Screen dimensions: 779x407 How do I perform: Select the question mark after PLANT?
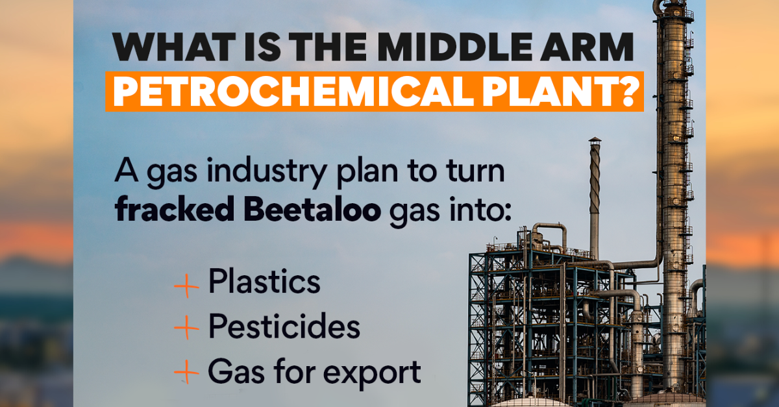(628, 91)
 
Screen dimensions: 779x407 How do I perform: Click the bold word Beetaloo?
(312, 209)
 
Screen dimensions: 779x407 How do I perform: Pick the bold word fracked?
(174, 209)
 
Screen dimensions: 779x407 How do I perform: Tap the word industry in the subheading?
(266, 172)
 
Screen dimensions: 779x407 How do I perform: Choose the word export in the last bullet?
(372, 373)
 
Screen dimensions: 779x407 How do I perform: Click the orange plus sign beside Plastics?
(186, 286)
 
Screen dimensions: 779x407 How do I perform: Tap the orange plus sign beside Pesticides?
(186, 327)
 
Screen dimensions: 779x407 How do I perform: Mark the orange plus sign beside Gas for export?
(186, 372)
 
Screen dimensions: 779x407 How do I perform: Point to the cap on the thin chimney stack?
(595, 141)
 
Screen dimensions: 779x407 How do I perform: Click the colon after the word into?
(508, 212)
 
